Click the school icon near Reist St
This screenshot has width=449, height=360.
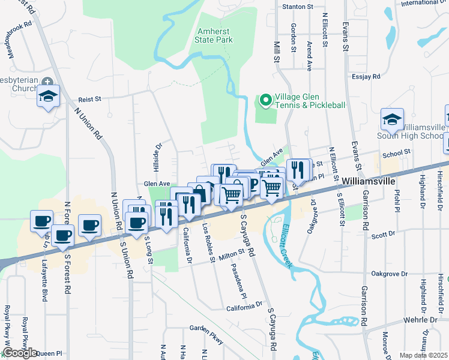pos(47,96)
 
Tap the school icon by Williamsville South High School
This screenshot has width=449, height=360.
pos(392,119)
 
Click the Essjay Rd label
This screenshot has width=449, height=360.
pos(367,77)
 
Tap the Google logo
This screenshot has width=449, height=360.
pos(20,353)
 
